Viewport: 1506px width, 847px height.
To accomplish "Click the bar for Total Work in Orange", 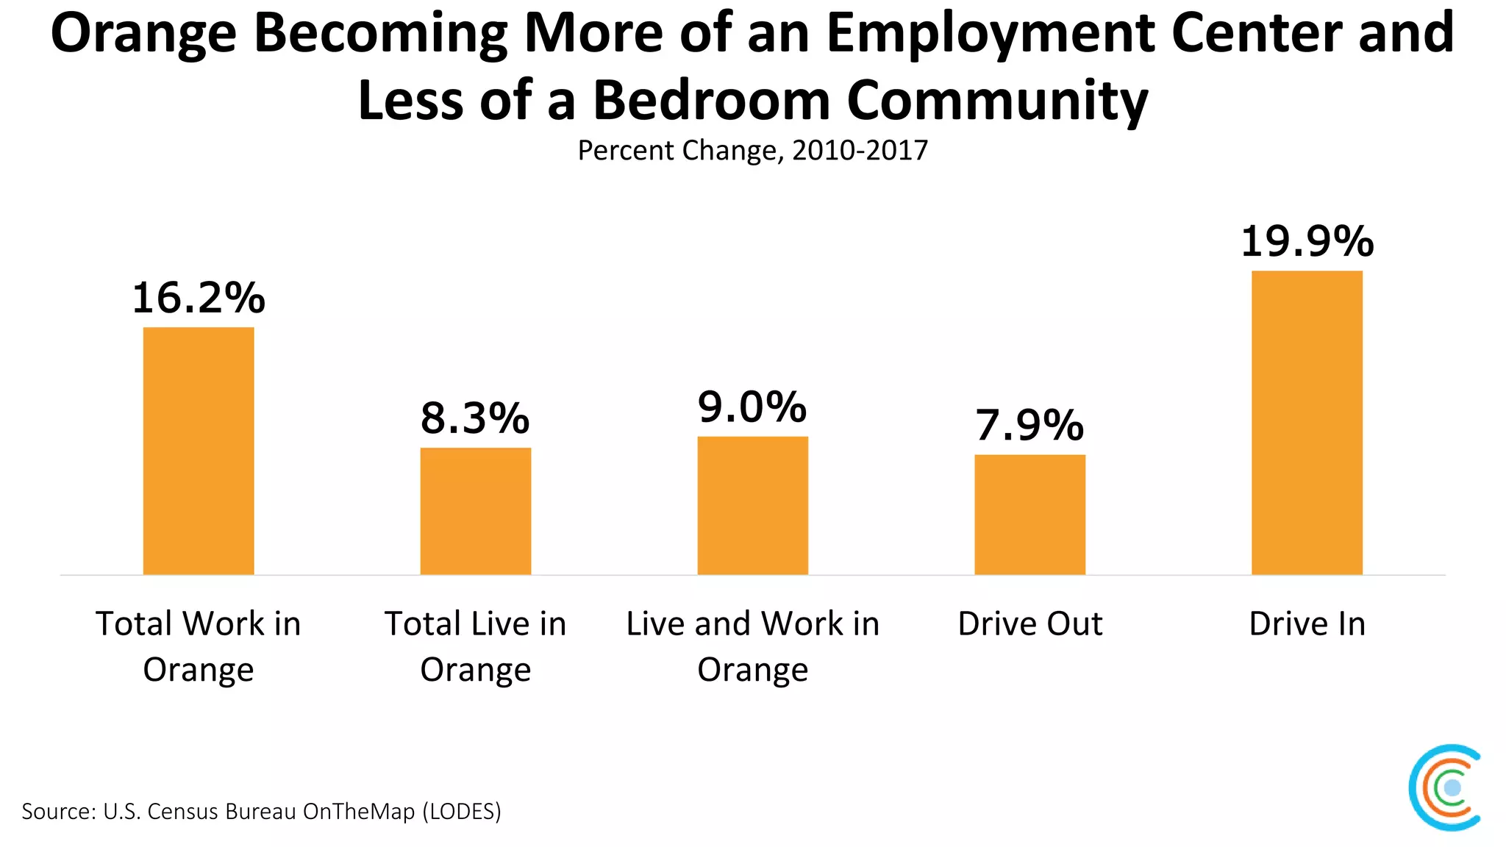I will click(199, 451).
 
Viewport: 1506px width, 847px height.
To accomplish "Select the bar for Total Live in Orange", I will click(476, 511).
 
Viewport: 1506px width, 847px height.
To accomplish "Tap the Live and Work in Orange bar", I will click(752, 505).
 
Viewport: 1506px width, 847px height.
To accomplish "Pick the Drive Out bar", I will click(1029, 515).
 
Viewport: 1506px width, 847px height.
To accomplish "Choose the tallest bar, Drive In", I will click(1307, 423).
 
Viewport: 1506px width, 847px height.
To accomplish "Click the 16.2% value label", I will click(199, 298).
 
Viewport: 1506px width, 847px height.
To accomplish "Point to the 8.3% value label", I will click(475, 418).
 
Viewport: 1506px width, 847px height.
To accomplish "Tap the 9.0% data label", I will click(752, 407).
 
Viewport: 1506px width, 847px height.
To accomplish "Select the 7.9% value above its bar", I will click(1029, 425).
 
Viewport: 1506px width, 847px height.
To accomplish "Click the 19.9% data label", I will click(1307, 241).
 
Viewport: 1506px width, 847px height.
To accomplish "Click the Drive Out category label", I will click(1029, 623).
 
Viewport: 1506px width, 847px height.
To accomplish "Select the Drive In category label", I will click(1307, 623).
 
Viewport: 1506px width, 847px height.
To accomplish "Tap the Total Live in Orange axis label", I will click(476, 646).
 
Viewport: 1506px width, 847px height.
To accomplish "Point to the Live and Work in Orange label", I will click(752, 646).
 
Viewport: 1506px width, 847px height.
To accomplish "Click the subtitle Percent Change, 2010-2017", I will click(752, 150).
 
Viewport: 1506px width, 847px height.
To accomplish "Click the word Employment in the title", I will click(990, 34).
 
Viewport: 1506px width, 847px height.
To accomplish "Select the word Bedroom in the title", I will click(711, 101).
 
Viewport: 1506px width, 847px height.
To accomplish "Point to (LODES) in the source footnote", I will click(462, 811).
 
